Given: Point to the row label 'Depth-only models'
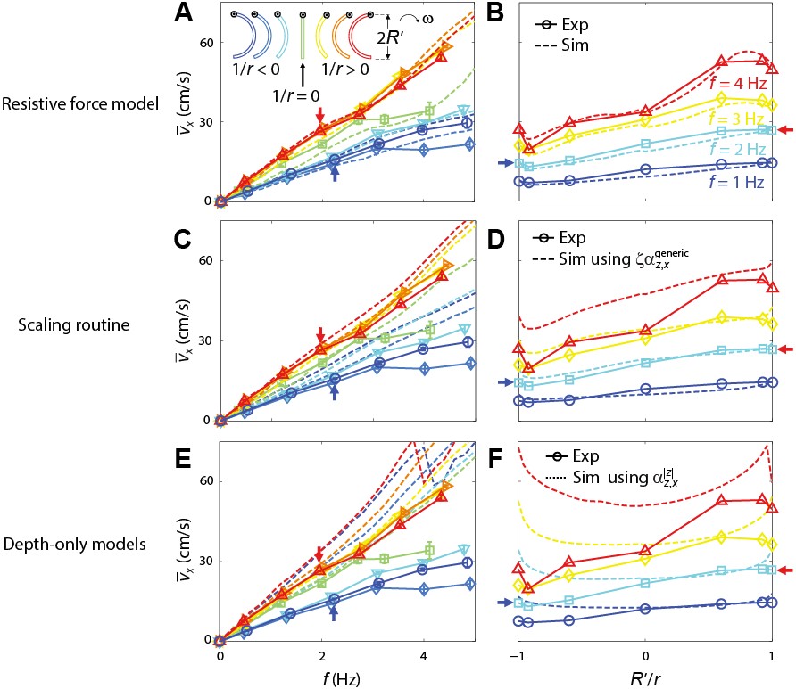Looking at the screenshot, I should pyautogui.click(x=90, y=544).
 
